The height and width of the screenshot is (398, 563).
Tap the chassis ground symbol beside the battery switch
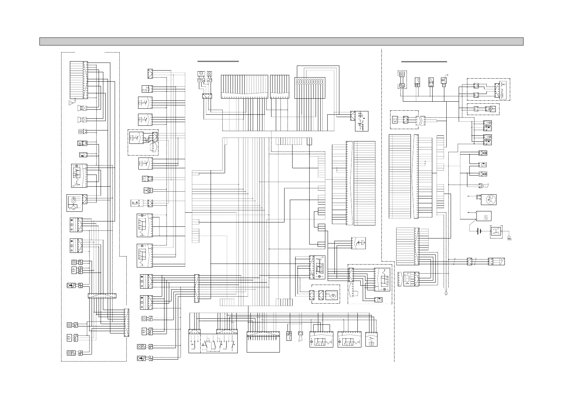coord(509,238)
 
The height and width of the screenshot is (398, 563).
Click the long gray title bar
coord(281,41)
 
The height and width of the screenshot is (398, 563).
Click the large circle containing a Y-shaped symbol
coord(488,200)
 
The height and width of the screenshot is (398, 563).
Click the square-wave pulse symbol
coord(145,89)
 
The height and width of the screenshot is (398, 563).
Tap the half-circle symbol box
coord(145,179)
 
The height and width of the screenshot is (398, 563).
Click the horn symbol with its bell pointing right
coord(484,186)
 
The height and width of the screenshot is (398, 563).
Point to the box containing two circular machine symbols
coord(75,203)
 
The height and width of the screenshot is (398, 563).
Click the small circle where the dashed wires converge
coord(446,293)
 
